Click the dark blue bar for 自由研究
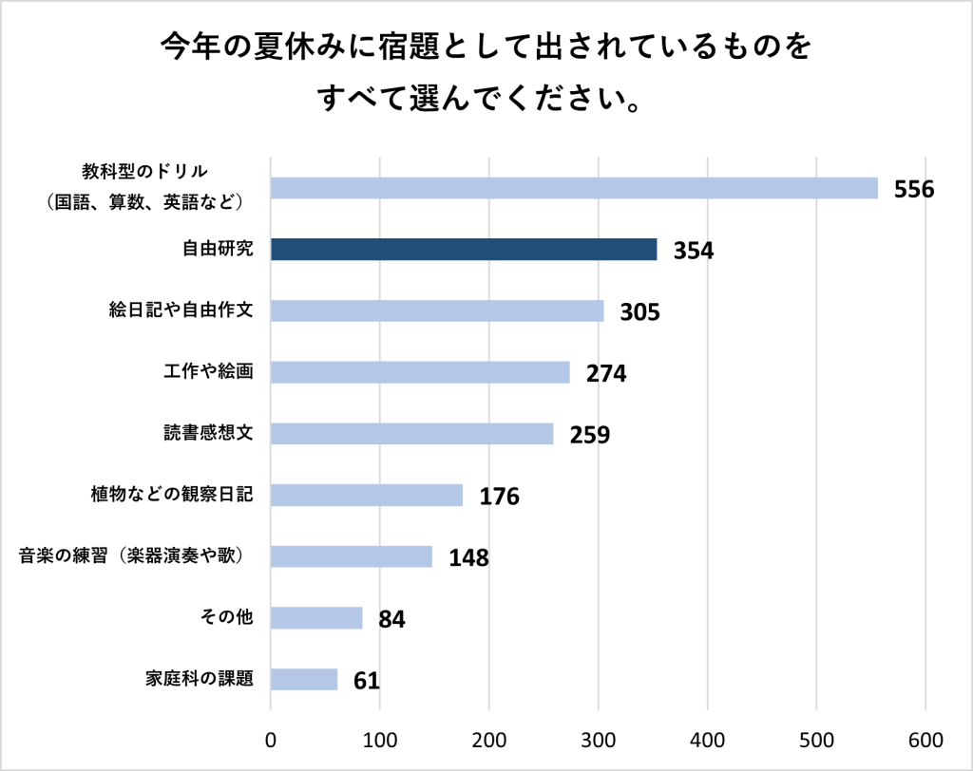pyautogui.click(x=464, y=249)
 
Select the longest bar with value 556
pyautogui.click(x=574, y=188)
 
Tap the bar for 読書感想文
pyautogui.click(x=411, y=434)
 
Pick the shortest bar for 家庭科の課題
pyautogui.click(x=304, y=680)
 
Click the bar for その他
pyautogui.click(x=316, y=618)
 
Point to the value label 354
pyautogui.click(x=694, y=251)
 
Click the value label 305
pyautogui.click(x=639, y=312)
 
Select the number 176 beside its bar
pyautogui.click(x=499, y=497)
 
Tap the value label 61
pyautogui.click(x=367, y=682)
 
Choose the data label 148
pyautogui.click(x=468, y=558)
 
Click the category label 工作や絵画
pyautogui.click(x=208, y=371)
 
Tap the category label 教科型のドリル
pyautogui.click(x=144, y=171)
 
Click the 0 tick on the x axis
pyautogui.click(x=271, y=740)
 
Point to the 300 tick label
pyautogui.click(x=599, y=740)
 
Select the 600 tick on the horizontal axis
pyautogui.click(x=925, y=740)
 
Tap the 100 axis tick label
pyautogui.click(x=380, y=740)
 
